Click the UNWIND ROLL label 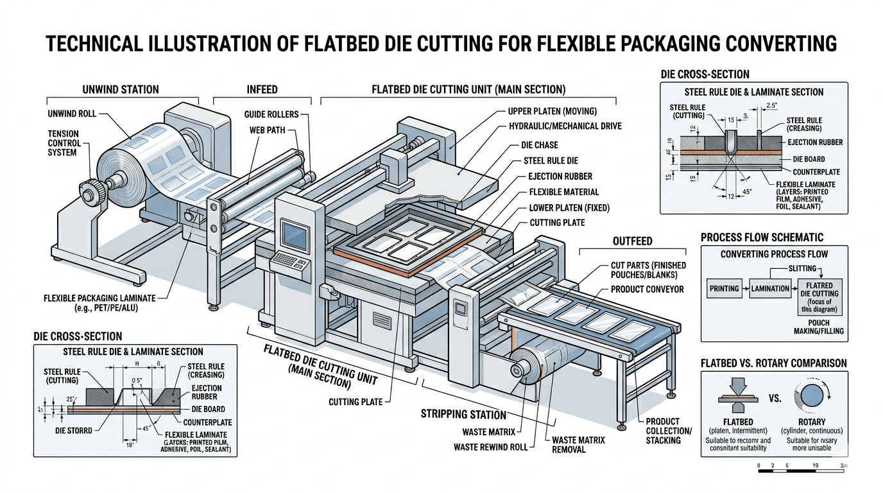(x=72, y=114)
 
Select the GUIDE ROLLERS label (x=271, y=114)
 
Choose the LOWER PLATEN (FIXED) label (x=569, y=207)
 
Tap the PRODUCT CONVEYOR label (x=647, y=289)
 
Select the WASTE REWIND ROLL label (x=490, y=447)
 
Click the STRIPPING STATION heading (x=464, y=414)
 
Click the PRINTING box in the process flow (x=723, y=288)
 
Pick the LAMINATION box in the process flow (x=770, y=288)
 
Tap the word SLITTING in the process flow (x=802, y=268)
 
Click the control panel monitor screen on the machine (x=292, y=231)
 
